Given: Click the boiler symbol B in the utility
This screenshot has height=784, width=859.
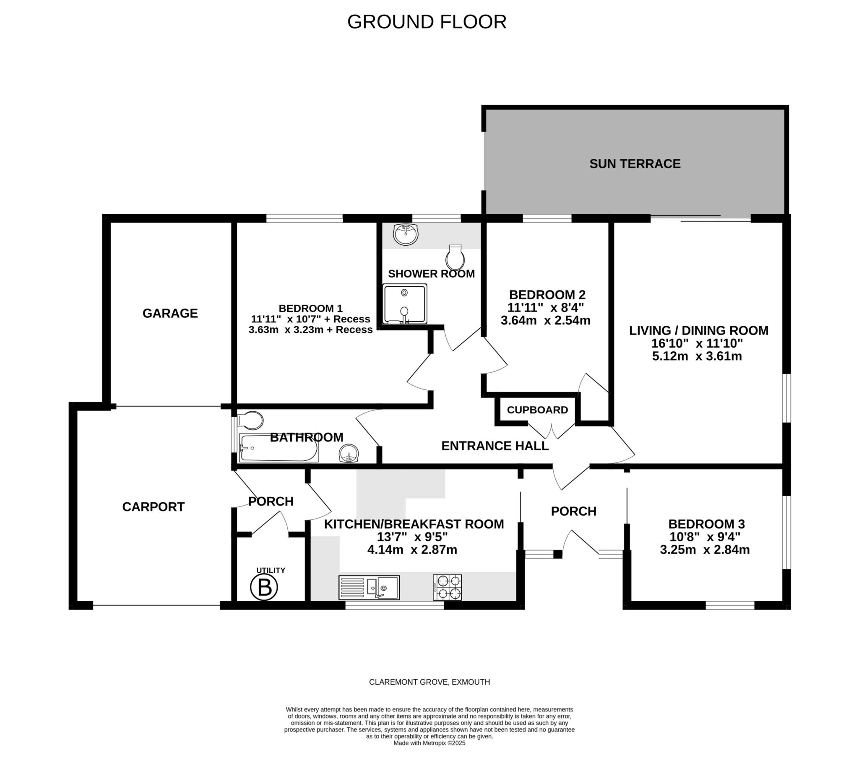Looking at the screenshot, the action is tap(264, 587).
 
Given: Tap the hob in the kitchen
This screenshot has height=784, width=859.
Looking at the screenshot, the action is tap(448, 588).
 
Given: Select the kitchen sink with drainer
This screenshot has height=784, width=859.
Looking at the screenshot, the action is tap(369, 588).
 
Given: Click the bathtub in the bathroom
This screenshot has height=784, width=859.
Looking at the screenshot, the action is tap(279, 448).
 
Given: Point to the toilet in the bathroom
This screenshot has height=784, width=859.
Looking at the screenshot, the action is tap(250, 421).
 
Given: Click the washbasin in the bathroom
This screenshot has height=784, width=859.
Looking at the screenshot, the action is tap(349, 453).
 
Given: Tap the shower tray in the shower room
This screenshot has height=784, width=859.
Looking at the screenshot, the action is tap(404, 304).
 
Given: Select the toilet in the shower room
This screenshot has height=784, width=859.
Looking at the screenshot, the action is tap(455, 257).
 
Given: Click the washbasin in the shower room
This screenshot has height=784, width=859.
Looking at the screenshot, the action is tap(406, 235).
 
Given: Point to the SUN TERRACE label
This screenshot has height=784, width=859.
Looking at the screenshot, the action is tap(635, 164).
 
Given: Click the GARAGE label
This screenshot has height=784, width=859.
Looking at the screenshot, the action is tap(170, 314).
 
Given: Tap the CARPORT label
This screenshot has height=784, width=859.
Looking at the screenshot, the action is tap(154, 507).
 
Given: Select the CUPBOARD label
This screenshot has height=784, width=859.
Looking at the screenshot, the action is tap(537, 410).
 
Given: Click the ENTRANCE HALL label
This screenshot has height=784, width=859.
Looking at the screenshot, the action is tap(495, 446).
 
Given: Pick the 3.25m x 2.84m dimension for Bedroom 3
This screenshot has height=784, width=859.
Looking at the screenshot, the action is tap(705, 550).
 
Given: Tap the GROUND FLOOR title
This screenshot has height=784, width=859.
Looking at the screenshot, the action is tap(427, 22).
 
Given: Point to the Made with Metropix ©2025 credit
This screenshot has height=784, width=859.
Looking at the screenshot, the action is tap(429, 743).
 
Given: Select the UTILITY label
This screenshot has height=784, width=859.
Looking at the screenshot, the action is tap(271, 570).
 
